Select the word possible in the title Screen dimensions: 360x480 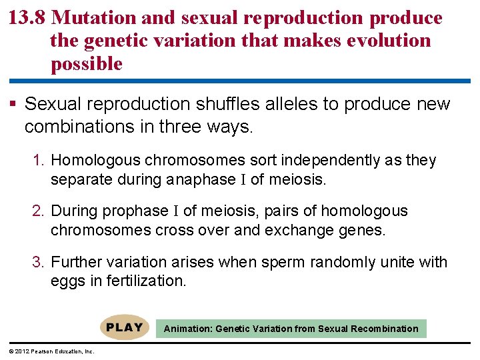click(86, 64)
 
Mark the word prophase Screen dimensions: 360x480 click(136, 211)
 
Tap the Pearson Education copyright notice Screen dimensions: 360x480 click(51, 351)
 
